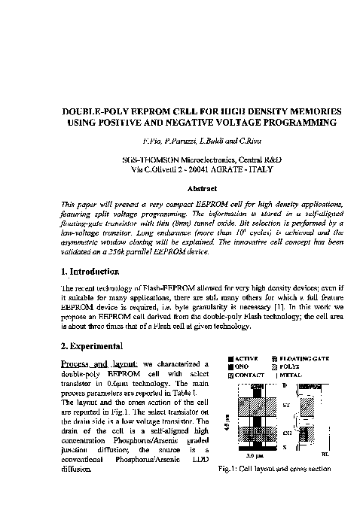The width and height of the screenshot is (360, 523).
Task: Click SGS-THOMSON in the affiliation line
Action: tap(150, 160)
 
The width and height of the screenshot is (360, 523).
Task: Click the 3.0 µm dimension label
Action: tap(253, 455)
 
